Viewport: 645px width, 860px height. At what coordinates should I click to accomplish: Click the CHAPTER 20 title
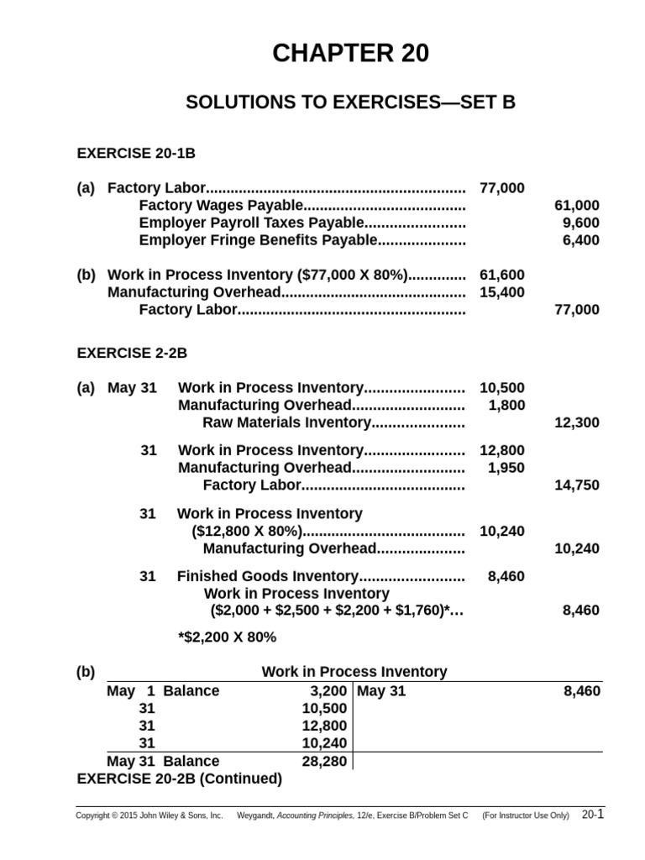coord(350,54)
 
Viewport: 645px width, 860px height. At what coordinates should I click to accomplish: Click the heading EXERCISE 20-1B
coord(136,154)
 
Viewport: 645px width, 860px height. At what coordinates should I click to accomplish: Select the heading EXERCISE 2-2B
coord(132,354)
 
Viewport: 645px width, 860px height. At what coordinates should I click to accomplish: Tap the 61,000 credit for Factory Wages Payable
coord(577,205)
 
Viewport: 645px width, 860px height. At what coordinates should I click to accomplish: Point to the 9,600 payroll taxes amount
coord(581,223)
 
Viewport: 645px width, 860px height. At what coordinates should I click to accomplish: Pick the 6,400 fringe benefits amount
coord(581,240)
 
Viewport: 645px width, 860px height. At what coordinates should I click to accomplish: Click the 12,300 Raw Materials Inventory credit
coord(577,422)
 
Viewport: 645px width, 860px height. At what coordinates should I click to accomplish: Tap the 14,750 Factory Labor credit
coord(577,485)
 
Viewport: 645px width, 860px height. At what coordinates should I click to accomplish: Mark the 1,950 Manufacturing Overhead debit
coord(506,468)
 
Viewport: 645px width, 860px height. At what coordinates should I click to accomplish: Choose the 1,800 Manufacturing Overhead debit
coord(506,405)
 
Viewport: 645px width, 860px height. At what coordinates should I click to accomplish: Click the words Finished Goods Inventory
coord(268,576)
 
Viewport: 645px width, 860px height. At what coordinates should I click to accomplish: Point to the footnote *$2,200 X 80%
coord(227,637)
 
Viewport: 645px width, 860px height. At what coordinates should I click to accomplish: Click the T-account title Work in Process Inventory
coord(354,672)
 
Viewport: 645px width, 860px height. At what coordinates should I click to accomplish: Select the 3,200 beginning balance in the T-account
coord(328,691)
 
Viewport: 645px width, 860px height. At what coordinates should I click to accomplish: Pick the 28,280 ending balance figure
coord(324,761)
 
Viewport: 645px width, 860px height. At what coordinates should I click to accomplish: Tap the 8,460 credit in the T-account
coord(581,691)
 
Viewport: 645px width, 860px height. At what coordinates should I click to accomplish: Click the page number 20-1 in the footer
coord(591,815)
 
